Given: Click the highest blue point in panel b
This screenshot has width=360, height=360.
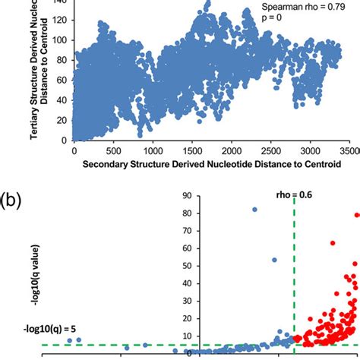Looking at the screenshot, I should coord(254,209).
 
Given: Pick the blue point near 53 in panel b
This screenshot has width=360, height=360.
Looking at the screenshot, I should coord(274,260).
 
